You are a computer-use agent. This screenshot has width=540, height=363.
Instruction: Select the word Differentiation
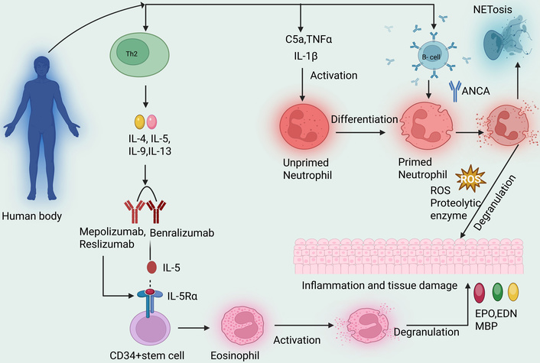coord(365,119)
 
